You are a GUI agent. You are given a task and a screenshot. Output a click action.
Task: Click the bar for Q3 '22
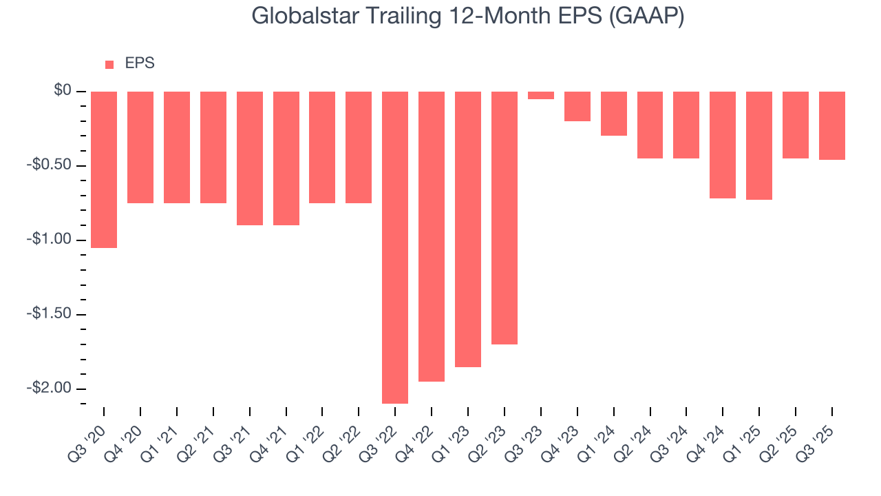point(395,247)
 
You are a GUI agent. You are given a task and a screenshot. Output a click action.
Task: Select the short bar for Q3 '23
point(541,96)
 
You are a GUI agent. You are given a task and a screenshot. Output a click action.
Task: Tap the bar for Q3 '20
point(104,169)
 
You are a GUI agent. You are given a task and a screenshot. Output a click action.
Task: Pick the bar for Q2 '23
point(505,218)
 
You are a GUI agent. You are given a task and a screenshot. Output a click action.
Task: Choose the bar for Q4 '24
point(723,145)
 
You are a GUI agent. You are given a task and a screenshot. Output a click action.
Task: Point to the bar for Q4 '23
point(577,106)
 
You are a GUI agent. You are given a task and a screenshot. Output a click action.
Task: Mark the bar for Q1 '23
point(468,229)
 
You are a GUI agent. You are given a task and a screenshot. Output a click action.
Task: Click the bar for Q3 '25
point(832,125)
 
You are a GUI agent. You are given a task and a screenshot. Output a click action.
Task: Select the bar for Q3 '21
point(250,158)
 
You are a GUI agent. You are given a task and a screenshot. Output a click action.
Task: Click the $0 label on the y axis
point(63,90)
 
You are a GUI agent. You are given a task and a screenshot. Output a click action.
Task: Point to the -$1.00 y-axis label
point(50,239)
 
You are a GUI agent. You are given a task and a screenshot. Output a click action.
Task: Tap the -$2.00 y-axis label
point(50,388)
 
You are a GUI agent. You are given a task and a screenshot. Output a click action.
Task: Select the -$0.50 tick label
point(50,165)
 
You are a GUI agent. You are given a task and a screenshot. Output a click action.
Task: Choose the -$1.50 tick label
point(50,313)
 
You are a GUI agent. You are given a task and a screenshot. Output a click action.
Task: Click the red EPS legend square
point(109,65)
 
